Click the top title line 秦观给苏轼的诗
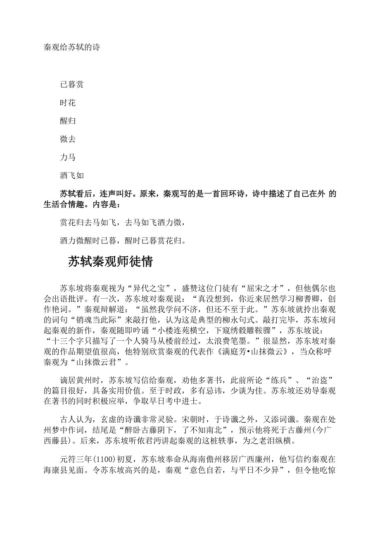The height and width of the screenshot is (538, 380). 72,48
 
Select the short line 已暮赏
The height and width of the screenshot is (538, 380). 72,85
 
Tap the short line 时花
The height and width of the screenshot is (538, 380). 68,103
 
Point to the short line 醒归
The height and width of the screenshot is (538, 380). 68,121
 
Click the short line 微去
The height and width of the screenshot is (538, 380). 68,139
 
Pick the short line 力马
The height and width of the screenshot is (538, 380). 68,157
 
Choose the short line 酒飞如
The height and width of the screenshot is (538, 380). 72,175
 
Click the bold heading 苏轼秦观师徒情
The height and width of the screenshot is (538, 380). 110,262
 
